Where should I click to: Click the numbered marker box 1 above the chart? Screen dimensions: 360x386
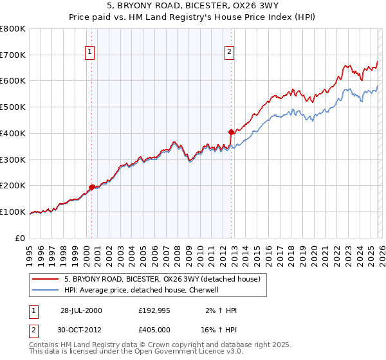click(91, 53)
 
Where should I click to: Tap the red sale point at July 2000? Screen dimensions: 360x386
click(91, 187)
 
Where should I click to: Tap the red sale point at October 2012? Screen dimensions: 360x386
click(231, 132)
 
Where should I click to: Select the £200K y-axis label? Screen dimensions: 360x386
click(13, 185)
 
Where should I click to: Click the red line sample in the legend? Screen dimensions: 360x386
click(46, 279)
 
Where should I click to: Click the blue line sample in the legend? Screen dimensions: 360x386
click(46, 290)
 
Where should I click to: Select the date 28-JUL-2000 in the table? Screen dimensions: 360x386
click(81, 310)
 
